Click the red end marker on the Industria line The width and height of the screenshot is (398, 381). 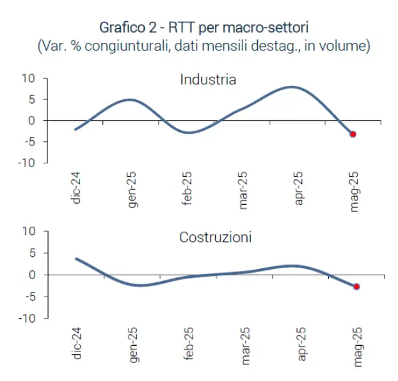[353, 134]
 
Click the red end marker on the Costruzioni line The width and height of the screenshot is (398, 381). [356, 287]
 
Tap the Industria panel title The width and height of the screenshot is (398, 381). [208, 80]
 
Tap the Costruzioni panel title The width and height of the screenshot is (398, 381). [215, 238]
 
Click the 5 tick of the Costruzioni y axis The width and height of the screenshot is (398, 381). [31, 253]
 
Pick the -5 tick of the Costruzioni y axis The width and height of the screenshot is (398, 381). [29, 296]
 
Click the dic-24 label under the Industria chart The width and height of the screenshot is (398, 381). [77, 191]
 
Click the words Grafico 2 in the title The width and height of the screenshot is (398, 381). [126, 28]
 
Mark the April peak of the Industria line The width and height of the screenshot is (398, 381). [292, 86]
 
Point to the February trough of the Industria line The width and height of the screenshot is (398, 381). [186, 133]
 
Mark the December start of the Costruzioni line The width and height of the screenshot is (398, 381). [76, 259]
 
